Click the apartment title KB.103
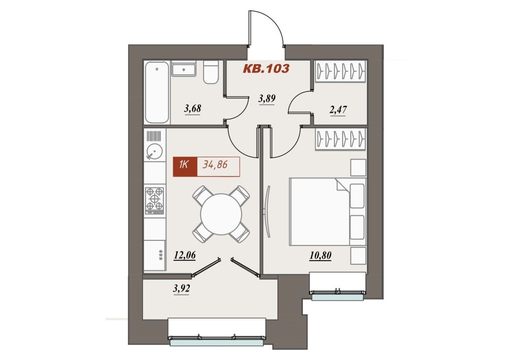click(x=266, y=69)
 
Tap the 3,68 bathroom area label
click(x=192, y=108)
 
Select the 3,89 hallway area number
click(x=267, y=98)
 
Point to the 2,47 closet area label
click(x=338, y=109)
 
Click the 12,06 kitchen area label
click(x=185, y=256)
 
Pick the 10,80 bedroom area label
click(x=320, y=256)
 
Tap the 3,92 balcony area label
click(x=182, y=289)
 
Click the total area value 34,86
click(x=215, y=164)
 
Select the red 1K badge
click(x=185, y=167)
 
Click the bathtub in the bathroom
click(x=157, y=93)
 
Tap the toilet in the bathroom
click(x=211, y=72)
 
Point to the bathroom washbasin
click(x=184, y=69)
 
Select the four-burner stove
click(x=155, y=201)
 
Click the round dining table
click(x=221, y=214)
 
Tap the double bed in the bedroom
click(x=328, y=212)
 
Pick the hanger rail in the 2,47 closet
click(x=340, y=71)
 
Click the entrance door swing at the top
click(x=266, y=29)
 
